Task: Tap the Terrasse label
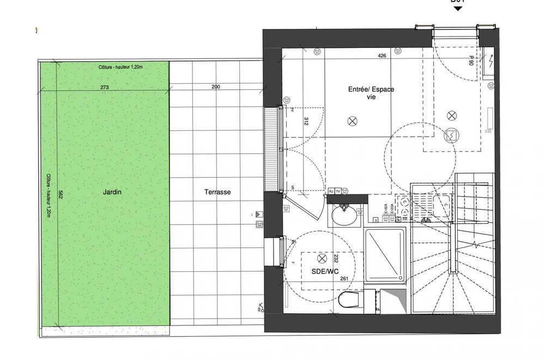[217, 192]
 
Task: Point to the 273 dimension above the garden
[105, 87]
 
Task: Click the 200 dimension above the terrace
[216, 87]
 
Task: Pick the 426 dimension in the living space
[381, 56]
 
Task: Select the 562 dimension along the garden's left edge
[60, 194]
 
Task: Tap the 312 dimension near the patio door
[306, 121]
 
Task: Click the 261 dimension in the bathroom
[344, 279]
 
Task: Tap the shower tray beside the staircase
[385, 255]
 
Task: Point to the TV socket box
[338, 191]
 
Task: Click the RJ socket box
[331, 191]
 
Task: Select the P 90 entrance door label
[471, 60]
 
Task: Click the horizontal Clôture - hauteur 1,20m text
[120, 66]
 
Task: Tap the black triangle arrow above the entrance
[458, 8]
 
